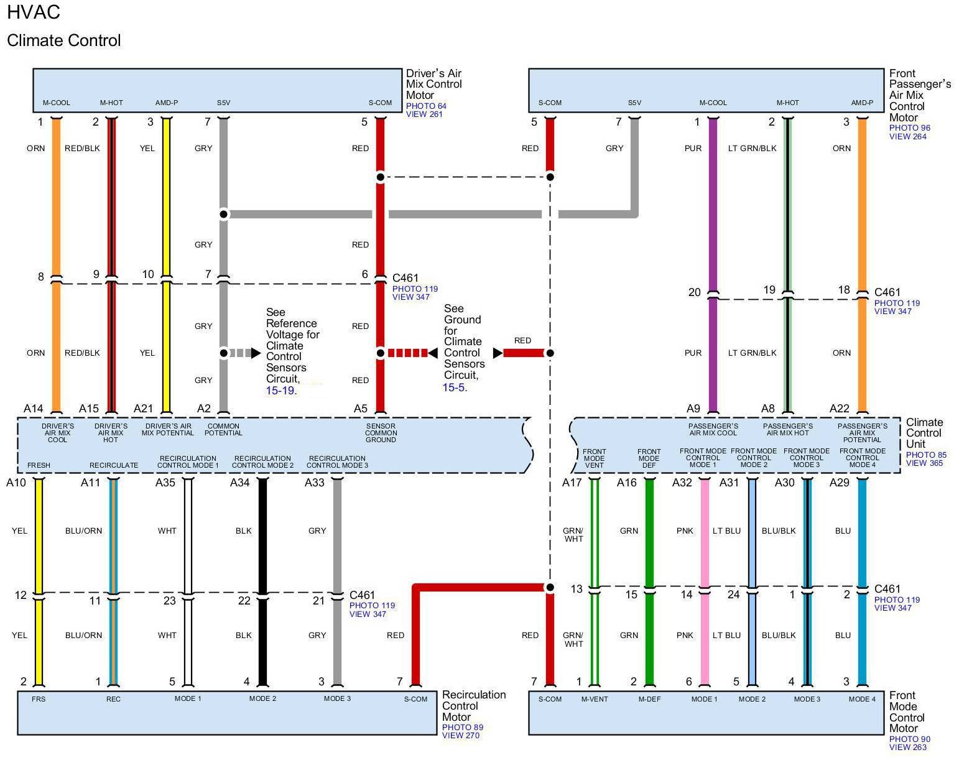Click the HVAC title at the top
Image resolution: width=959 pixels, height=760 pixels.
(x=34, y=12)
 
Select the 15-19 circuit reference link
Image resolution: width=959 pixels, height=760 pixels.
(x=280, y=391)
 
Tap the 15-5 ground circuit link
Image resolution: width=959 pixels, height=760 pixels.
(x=453, y=387)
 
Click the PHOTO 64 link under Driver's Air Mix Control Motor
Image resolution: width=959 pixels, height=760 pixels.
(x=425, y=106)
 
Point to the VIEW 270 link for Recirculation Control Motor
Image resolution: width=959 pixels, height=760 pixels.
(x=460, y=736)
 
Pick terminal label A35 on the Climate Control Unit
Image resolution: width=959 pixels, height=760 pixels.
(x=165, y=483)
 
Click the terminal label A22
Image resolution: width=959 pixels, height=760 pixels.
(x=839, y=409)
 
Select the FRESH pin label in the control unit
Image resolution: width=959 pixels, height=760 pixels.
(x=39, y=465)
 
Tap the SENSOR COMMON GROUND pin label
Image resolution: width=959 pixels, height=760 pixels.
(x=381, y=433)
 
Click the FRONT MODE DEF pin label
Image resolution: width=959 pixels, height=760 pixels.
(x=649, y=458)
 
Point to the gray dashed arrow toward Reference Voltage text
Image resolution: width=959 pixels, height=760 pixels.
(x=244, y=353)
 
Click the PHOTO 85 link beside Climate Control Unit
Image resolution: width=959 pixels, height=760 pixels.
(x=926, y=455)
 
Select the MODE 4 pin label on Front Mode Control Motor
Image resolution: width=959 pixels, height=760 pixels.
(x=862, y=699)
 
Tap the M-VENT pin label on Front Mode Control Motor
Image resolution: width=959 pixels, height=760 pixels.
(x=595, y=699)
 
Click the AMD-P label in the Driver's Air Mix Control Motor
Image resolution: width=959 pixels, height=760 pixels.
(x=167, y=103)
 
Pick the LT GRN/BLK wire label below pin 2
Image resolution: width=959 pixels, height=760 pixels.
(x=753, y=149)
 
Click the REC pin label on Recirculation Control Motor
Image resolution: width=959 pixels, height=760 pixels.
(x=113, y=699)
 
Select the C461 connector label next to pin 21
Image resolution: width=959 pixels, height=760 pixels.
(x=362, y=595)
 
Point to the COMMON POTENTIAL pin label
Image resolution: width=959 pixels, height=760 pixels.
(x=223, y=430)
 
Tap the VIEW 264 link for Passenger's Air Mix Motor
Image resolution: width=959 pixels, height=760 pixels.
(x=908, y=136)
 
